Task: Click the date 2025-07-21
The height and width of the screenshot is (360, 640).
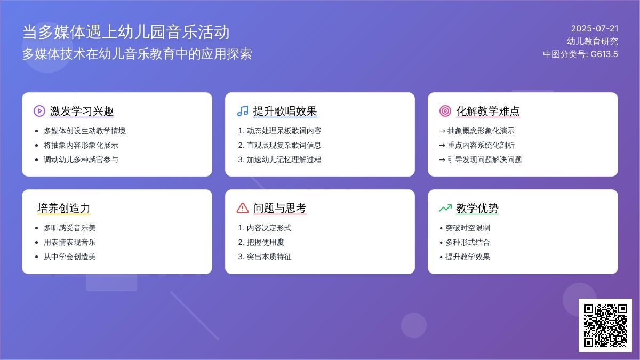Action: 595,29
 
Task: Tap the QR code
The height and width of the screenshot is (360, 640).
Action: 605,325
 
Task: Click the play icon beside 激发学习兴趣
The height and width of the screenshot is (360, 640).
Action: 39,111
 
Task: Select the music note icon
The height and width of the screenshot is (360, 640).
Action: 243,111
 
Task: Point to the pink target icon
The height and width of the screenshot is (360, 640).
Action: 445,111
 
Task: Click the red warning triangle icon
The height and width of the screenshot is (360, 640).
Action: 243,208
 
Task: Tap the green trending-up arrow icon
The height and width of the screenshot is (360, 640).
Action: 445,208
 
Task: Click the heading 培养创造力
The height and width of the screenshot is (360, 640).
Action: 63,208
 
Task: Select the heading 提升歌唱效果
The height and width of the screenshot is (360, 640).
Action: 285,111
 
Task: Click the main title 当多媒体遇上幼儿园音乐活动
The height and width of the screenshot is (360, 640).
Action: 126,32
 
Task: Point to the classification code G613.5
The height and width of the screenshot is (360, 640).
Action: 604,54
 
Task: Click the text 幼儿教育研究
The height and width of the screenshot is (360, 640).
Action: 593,42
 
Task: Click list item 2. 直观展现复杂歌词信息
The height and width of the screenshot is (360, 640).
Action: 279,145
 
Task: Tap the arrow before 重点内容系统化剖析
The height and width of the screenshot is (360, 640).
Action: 442,146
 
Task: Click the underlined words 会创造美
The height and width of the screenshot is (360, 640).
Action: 81,257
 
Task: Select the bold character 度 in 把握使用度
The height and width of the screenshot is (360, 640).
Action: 281,242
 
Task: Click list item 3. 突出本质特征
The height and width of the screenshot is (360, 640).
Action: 265,257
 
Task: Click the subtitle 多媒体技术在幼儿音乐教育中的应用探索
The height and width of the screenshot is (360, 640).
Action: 137,54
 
